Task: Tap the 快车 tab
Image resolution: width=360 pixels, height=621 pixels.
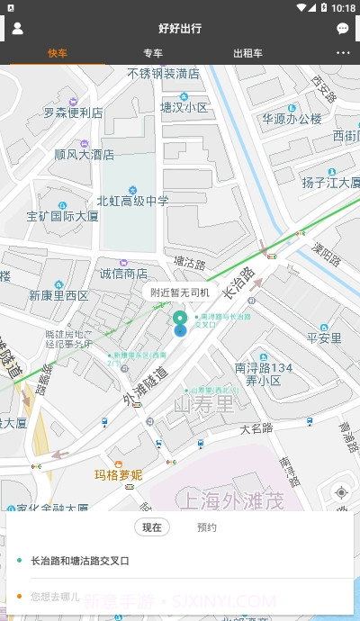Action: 58,53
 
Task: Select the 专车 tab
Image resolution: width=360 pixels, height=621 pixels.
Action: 153,53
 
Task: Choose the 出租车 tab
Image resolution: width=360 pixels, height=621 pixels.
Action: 247,53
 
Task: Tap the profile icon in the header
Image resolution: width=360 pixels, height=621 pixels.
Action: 17,28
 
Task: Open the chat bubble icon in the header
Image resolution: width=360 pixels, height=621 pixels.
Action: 343,29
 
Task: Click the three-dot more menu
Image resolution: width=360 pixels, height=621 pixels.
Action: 343,53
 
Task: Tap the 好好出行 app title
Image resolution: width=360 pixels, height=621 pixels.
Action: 180,29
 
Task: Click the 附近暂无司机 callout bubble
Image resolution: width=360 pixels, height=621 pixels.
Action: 180,292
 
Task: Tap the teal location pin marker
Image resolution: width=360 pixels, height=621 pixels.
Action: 180,321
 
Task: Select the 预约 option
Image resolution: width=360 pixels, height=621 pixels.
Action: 207,527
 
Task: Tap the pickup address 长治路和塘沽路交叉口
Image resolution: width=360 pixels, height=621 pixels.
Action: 80,561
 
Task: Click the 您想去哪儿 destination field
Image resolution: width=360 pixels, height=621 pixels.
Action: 56,596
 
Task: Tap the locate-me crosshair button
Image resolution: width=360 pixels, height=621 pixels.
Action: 341,492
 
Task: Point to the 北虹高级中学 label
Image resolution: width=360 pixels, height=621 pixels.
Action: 132,201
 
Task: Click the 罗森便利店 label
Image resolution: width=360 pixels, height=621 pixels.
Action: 74,113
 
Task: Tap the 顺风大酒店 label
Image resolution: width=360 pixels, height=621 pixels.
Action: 84,154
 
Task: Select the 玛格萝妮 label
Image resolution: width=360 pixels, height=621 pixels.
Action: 119,474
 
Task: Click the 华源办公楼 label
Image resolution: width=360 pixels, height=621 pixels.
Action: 292,119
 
